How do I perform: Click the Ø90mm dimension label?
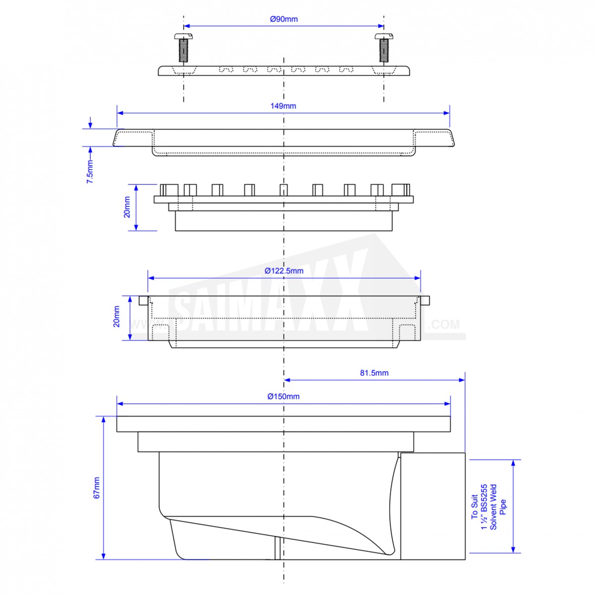tap(284, 19)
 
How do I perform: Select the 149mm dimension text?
tap(283, 106)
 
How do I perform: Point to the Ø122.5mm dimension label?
tap(284, 271)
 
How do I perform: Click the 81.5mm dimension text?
tap(374, 373)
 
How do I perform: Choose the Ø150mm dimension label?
tap(283, 396)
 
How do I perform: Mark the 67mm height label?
tap(96, 487)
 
